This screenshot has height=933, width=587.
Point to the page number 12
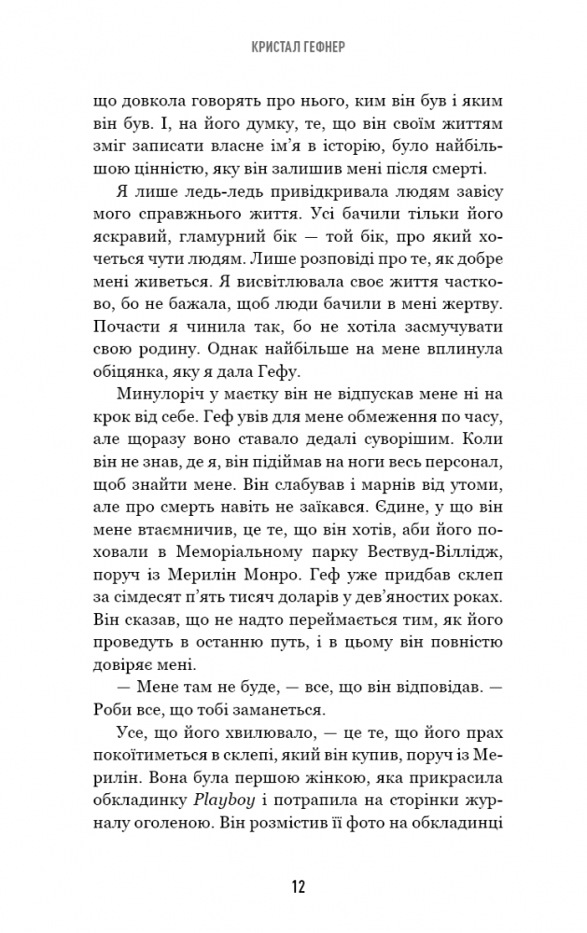293,885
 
